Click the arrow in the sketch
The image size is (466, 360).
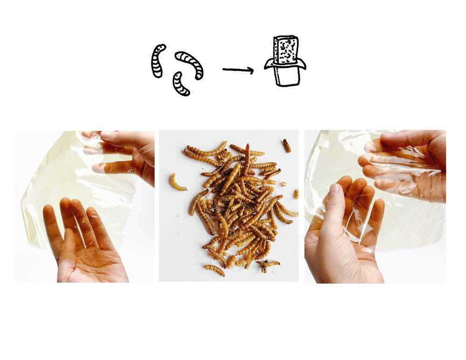click(x=238, y=70)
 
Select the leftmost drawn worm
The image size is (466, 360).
click(x=158, y=61)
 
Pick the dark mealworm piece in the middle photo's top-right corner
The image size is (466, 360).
click(x=286, y=146)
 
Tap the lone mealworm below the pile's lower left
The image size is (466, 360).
click(x=214, y=270)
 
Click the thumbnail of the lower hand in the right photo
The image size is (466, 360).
click(x=334, y=189)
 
